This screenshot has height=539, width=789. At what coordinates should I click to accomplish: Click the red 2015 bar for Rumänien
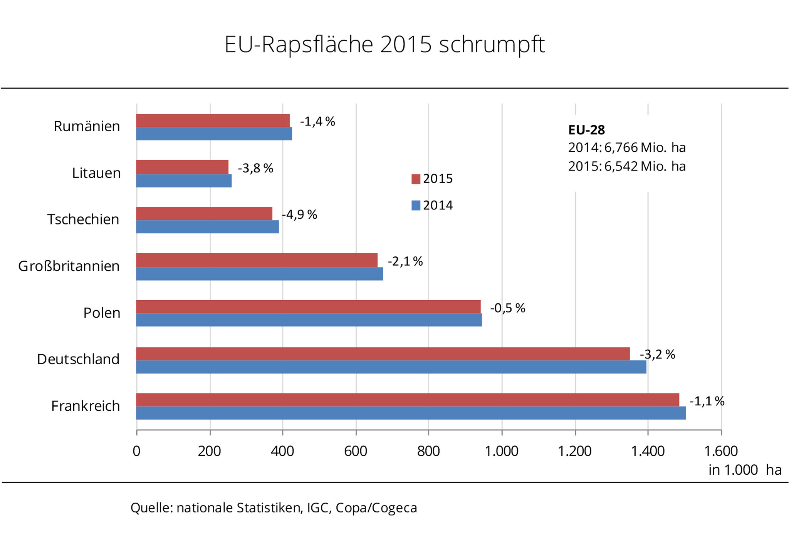pos(213,121)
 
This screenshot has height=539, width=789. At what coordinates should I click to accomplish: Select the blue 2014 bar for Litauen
pos(184,181)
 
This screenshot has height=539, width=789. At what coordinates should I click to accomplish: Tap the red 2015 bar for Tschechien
pos(204,214)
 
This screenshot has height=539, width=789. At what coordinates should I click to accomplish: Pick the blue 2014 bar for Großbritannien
pos(259,274)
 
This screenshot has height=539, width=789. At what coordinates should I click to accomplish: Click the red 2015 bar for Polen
pos(308,307)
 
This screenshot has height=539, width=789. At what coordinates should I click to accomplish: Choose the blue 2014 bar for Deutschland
pos(391,367)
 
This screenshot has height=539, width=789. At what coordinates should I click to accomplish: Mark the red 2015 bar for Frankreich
pos(407,400)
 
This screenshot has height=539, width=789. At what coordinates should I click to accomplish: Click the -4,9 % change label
pos(299,214)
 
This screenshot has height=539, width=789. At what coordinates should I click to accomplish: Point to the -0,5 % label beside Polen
pos(507,308)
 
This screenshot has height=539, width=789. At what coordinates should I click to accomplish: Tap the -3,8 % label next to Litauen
pos(255,168)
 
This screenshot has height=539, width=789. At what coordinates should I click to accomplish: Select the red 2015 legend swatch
pos(416,179)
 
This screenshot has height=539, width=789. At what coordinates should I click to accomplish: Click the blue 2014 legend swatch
pos(416,205)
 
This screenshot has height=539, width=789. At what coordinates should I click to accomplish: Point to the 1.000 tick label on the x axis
pos(501,451)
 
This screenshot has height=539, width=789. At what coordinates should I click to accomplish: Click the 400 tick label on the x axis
pos(282,451)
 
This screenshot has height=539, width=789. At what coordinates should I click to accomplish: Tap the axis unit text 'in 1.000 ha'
pos(745,470)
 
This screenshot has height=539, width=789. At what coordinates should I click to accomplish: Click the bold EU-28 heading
pos(586,130)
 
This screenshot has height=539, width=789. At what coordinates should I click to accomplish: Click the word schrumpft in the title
pos(492,45)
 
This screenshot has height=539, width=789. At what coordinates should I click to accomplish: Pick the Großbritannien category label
pos(69,266)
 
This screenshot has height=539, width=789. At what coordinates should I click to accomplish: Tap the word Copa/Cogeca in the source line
pos(376,508)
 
